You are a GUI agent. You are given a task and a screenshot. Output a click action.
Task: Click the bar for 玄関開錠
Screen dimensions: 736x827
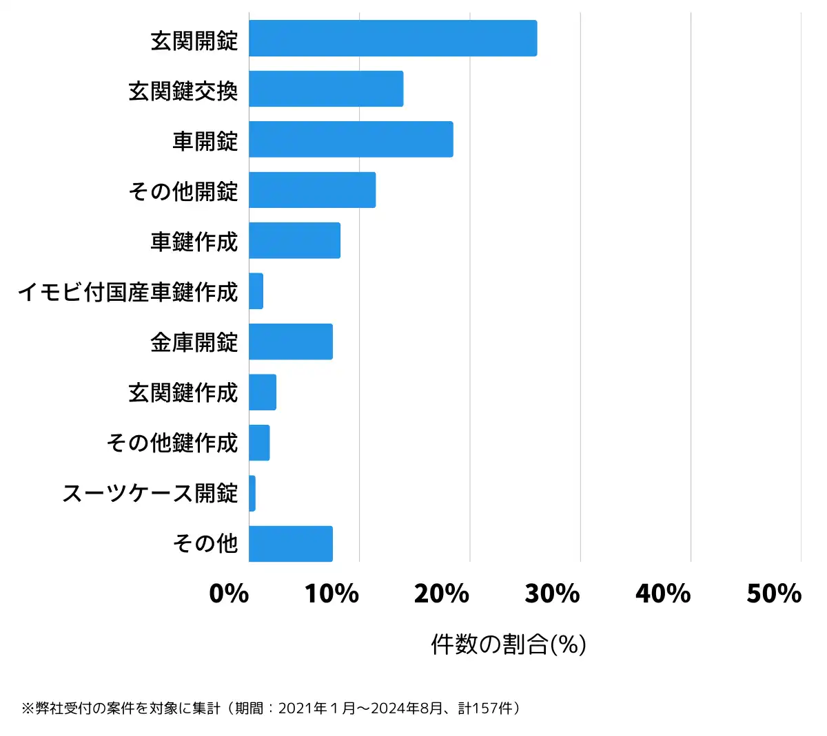point(393,38)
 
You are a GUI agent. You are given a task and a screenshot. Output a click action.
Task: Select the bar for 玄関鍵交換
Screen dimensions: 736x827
point(326,89)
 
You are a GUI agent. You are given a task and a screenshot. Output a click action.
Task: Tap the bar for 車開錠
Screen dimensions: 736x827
point(351,139)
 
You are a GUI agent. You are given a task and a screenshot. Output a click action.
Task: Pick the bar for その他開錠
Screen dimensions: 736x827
point(312,190)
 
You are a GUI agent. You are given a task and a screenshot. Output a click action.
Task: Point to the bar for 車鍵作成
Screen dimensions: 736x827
point(294,240)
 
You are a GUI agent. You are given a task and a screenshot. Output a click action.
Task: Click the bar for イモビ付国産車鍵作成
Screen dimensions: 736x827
point(256,291)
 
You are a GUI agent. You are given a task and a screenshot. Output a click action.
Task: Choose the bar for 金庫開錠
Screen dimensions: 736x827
point(291,341)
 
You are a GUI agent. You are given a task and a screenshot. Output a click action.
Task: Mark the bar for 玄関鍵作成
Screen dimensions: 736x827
point(263,392)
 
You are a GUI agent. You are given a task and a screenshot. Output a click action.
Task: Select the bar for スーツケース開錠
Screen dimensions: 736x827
point(252,494)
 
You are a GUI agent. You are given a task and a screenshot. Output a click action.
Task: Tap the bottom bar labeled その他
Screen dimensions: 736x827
point(291,544)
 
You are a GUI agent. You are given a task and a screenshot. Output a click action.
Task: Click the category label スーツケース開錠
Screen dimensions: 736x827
point(150,494)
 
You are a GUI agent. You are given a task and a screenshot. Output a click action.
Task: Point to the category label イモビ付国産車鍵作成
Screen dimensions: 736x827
point(128,292)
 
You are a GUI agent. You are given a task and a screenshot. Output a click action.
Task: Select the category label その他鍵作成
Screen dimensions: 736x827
point(172,443)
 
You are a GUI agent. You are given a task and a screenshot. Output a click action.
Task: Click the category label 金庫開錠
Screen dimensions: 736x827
point(194,342)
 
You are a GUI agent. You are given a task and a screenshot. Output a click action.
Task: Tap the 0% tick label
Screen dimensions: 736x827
point(229,593)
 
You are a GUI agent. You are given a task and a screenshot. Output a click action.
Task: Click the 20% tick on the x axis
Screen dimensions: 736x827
point(442,593)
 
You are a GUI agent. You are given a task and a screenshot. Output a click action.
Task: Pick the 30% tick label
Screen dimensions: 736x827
point(552,593)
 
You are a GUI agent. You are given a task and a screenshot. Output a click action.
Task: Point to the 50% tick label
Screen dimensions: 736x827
point(774,593)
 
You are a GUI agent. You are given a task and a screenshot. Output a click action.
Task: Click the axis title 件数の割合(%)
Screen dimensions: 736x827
point(509,644)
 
